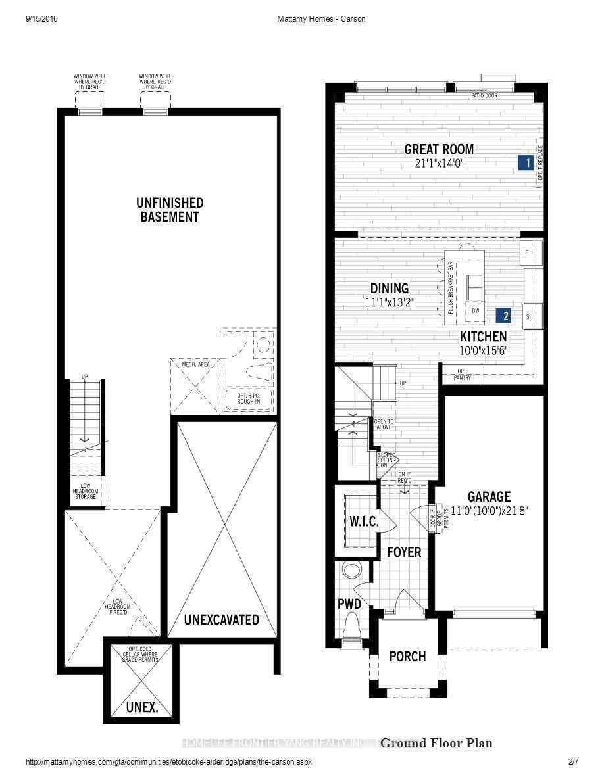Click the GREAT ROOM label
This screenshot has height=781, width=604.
pos(439,149)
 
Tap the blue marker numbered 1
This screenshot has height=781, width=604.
pos(525,163)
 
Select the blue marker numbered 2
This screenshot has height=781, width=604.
pos(505,316)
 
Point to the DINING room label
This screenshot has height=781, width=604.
pos(389,289)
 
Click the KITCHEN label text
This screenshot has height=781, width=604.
pos(484,337)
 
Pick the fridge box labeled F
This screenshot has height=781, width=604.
pos(532,252)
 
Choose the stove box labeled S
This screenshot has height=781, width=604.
pos(532,316)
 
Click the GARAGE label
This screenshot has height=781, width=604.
pos(489,496)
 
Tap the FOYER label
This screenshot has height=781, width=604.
pos(404,552)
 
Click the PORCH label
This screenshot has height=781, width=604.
pos(407,656)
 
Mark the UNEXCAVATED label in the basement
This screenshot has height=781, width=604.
pos(221,619)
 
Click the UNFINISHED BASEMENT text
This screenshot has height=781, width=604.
pos(170,210)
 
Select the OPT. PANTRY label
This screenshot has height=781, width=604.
pos(462,375)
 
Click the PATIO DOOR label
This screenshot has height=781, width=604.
pos(484,96)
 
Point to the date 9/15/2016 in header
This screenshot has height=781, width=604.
pos(42,19)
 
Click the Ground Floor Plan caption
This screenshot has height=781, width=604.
pos(436,743)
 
